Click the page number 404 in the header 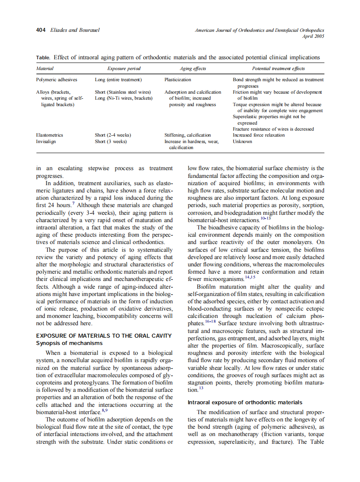pos(41,31)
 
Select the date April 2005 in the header pos(313,37)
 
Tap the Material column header pos(45,69)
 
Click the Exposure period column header pos(124,69)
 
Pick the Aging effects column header pos(192,69)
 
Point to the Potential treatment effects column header pos(278,69)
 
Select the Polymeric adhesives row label pos(57,80)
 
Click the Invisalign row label pos(47,141)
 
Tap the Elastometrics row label pos(49,135)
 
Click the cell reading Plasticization pos(178,80)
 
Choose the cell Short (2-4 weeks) pos(113,135)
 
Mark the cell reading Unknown pos(242,141)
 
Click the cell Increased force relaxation pos(259,135)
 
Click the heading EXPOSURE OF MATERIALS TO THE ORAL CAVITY pos(104,336)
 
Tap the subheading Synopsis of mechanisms pos(69,343)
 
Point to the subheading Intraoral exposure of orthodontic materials pos(245,403)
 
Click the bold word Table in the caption pos(43,58)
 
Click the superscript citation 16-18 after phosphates pos(210,321)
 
